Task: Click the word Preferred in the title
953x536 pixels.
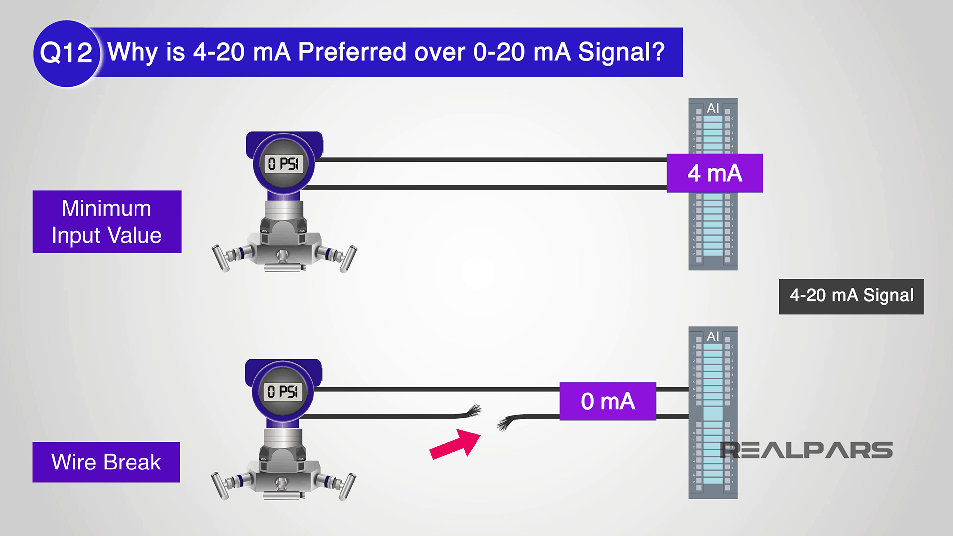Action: (x=352, y=52)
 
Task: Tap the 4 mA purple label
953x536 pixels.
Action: (x=714, y=173)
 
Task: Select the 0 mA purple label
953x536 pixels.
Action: (x=608, y=401)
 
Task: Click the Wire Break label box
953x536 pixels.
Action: (x=106, y=462)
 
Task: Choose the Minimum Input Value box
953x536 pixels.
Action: (x=107, y=221)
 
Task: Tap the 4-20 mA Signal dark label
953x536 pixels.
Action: (x=851, y=296)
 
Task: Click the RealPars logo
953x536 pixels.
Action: (x=806, y=450)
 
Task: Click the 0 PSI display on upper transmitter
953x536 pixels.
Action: (x=283, y=164)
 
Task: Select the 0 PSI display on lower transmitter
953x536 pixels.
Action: (x=282, y=392)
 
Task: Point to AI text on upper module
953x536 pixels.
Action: (x=713, y=108)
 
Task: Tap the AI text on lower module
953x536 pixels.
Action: (x=713, y=336)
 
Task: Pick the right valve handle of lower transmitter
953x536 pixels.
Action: (x=347, y=486)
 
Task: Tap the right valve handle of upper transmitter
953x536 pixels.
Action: (x=348, y=259)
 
